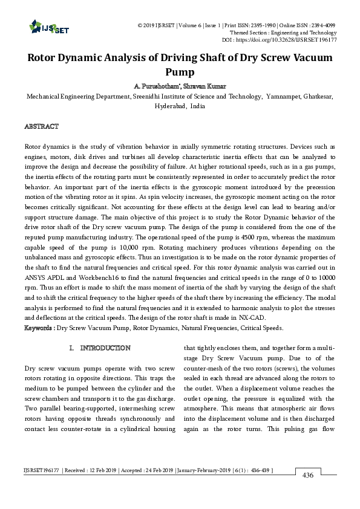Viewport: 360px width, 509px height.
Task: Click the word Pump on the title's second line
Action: click(180, 72)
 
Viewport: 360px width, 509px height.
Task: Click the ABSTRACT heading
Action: click(41, 126)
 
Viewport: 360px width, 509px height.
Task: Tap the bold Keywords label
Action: click(39, 328)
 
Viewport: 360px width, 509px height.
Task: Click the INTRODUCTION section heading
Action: click(105, 348)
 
